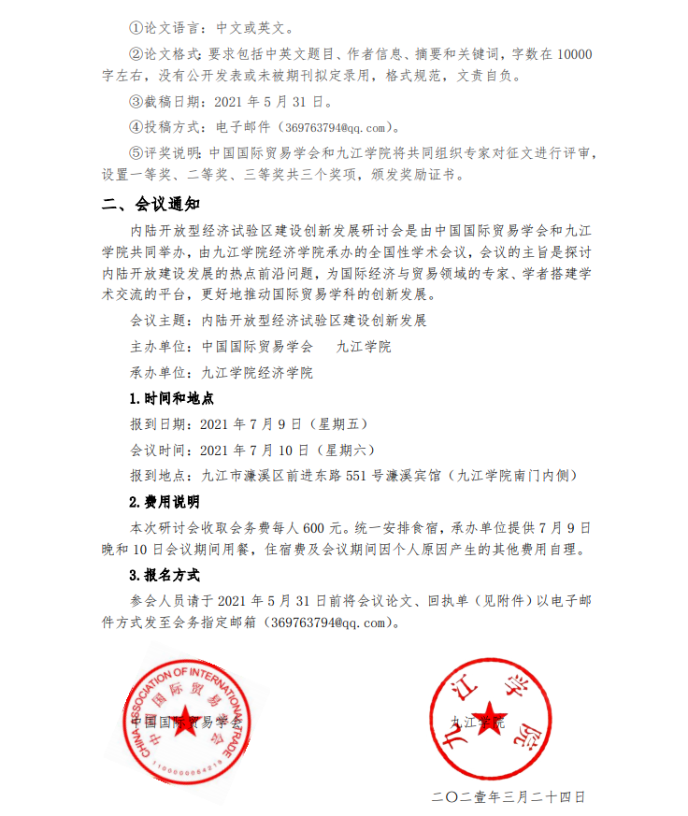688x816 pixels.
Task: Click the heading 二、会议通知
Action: point(150,204)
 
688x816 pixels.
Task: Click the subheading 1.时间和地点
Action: point(171,398)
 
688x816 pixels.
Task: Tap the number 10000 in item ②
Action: point(574,53)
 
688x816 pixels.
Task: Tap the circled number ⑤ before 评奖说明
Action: point(135,151)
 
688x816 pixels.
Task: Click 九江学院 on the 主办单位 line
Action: point(364,346)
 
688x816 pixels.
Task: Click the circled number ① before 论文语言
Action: point(135,29)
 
